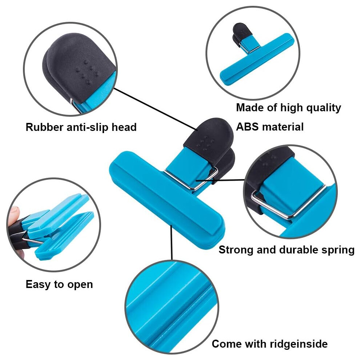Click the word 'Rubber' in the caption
(x=44, y=127)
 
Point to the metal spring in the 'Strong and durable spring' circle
(x=287, y=204)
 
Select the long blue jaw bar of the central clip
(x=167, y=200)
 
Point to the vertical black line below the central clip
(x=171, y=242)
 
